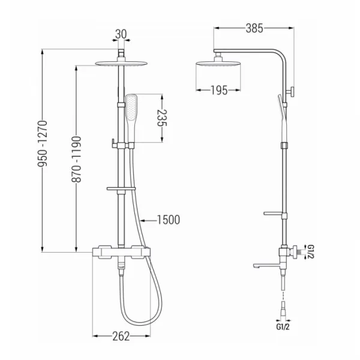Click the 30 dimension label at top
pyautogui.click(x=121, y=34)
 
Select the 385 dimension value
pyautogui.click(x=254, y=28)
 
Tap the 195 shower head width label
pyautogui.click(x=219, y=90)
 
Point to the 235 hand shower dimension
pyautogui.click(x=162, y=118)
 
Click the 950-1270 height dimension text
pyautogui.click(x=43, y=143)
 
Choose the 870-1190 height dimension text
pyautogui.click(x=76, y=160)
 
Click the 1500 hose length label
pyautogui.click(x=169, y=220)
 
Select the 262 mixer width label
pyautogui.click(x=121, y=337)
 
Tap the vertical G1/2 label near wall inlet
pyautogui.click(x=310, y=252)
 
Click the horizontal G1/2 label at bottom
pyautogui.click(x=283, y=327)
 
